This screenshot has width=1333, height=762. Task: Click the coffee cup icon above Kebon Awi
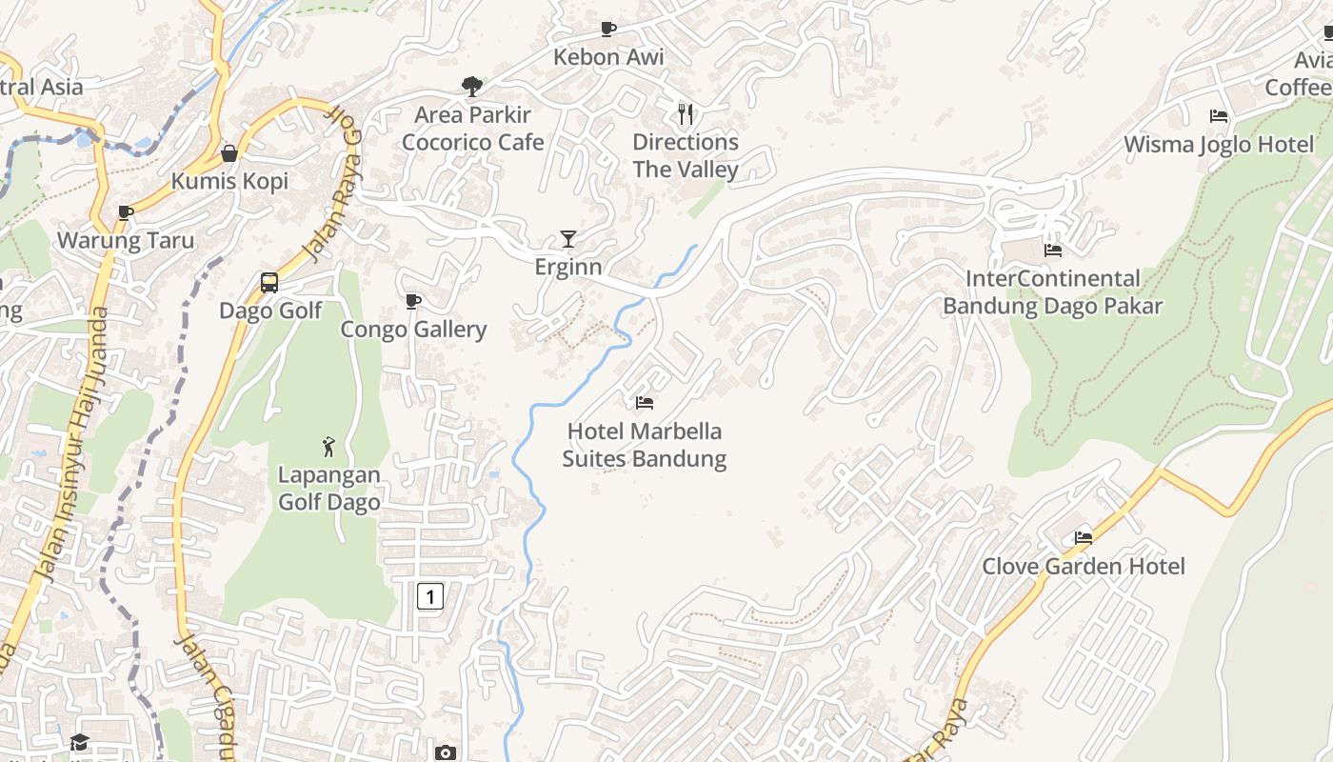click(x=607, y=29)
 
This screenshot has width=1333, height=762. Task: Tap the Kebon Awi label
click(x=608, y=57)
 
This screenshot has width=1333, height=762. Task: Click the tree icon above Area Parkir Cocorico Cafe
click(x=471, y=87)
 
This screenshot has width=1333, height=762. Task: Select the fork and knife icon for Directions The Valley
click(x=686, y=114)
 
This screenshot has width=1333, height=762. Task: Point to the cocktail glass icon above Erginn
click(x=568, y=239)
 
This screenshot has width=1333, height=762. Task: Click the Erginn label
click(x=568, y=267)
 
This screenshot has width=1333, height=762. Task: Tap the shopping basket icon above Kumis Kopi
click(x=229, y=153)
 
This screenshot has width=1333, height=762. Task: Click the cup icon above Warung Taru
click(x=125, y=212)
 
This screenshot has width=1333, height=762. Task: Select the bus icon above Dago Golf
click(x=269, y=283)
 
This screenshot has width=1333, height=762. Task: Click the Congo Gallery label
click(x=414, y=330)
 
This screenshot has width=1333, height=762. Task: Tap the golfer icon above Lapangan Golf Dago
click(x=328, y=446)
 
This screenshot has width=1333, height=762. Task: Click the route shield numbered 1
click(x=430, y=597)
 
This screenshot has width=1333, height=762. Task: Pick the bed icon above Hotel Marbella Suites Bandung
click(x=645, y=403)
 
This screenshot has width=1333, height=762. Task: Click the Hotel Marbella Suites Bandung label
click(x=645, y=445)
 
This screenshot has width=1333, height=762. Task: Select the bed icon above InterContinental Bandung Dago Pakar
click(x=1053, y=251)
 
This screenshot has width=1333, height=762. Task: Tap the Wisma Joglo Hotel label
click(x=1219, y=145)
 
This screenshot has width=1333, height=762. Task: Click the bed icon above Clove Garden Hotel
click(x=1084, y=538)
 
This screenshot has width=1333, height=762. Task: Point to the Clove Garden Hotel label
click(x=1084, y=567)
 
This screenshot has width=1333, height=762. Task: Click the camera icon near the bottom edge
click(x=445, y=752)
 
